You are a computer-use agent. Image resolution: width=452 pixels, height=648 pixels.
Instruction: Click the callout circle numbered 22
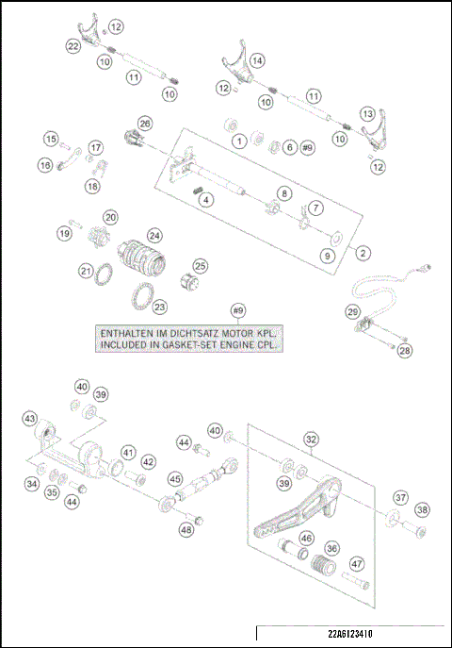tap(73, 45)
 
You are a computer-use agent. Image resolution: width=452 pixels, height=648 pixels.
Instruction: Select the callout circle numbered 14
tap(257, 59)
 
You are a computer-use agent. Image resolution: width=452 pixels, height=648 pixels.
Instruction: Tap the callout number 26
tap(144, 124)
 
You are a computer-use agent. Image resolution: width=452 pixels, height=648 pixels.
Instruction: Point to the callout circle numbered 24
tap(153, 235)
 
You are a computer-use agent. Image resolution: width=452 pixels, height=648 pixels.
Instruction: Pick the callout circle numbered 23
tap(159, 307)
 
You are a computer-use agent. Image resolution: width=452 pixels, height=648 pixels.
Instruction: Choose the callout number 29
tap(351, 311)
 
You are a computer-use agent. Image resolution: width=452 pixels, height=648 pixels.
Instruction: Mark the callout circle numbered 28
tap(404, 351)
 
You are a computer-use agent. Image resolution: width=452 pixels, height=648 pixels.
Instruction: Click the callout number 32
tap(311, 439)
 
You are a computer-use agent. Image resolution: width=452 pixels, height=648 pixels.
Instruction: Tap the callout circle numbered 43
tap(31, 418)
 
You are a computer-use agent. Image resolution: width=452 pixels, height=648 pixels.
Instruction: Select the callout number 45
tap(175, 479)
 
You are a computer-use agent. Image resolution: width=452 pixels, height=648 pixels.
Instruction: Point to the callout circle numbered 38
tap(422, 509)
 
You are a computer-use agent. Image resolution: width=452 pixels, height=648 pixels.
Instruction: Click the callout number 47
tap(357, 563)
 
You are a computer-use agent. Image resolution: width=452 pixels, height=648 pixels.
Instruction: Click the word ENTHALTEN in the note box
tap(130, 334)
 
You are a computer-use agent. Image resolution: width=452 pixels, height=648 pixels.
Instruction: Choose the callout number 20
tap(110, 217)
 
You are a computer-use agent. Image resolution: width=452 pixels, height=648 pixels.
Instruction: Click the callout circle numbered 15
tap(51, 139)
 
